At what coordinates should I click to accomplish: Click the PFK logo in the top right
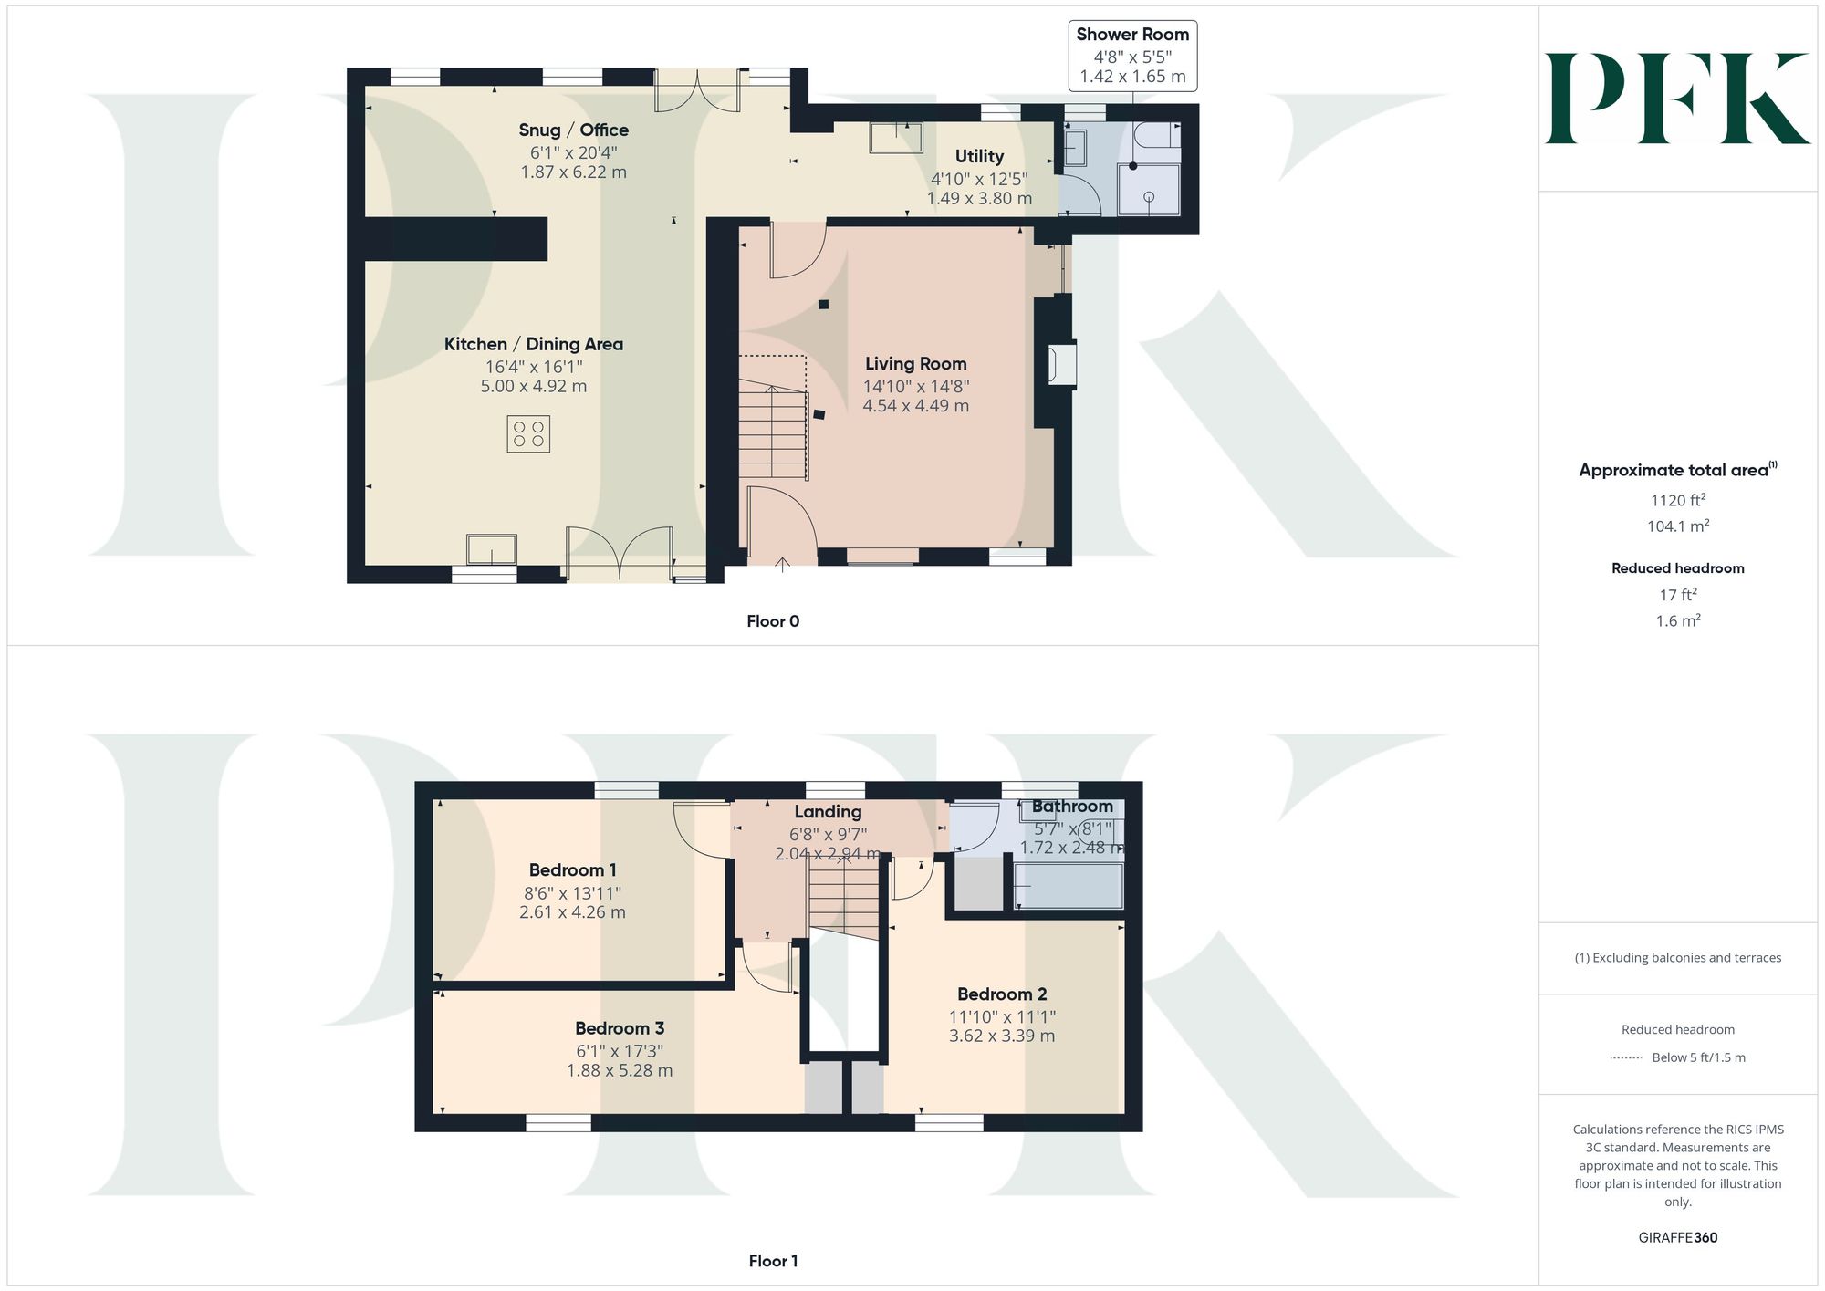(1677, 98)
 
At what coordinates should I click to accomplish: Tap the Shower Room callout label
(1132, 56)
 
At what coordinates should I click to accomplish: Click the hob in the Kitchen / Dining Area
(528, 433)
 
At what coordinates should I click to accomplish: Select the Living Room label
(915, 364)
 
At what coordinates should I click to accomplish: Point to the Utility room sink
(896, 137)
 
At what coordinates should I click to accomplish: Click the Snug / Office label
(573, 130)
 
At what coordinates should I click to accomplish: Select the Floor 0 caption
(773, 621)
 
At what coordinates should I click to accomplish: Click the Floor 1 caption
(773, 1261)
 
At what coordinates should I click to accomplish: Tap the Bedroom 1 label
(572, 870)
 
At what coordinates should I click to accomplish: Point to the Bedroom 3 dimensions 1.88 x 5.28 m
(620, 1070)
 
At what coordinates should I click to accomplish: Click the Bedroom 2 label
(1002, 994)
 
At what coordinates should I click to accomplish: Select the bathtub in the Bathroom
(1069, 885)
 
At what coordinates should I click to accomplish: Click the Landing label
(828, 812)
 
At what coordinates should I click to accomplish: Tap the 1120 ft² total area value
(1678, 500)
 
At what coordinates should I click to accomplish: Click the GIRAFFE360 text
(1678, 1238)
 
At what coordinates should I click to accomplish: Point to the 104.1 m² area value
(1678, 526)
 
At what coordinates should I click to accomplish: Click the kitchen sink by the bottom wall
(492, 550)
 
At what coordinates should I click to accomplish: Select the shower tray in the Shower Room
(1149, 190)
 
